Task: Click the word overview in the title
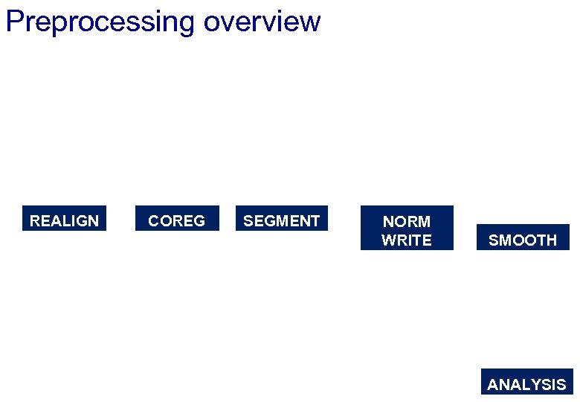262,22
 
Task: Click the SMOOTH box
523,238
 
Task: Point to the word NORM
406,221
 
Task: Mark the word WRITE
406,240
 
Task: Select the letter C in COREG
154,221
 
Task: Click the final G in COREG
199,221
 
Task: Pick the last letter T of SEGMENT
315,221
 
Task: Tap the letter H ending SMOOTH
551,240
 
